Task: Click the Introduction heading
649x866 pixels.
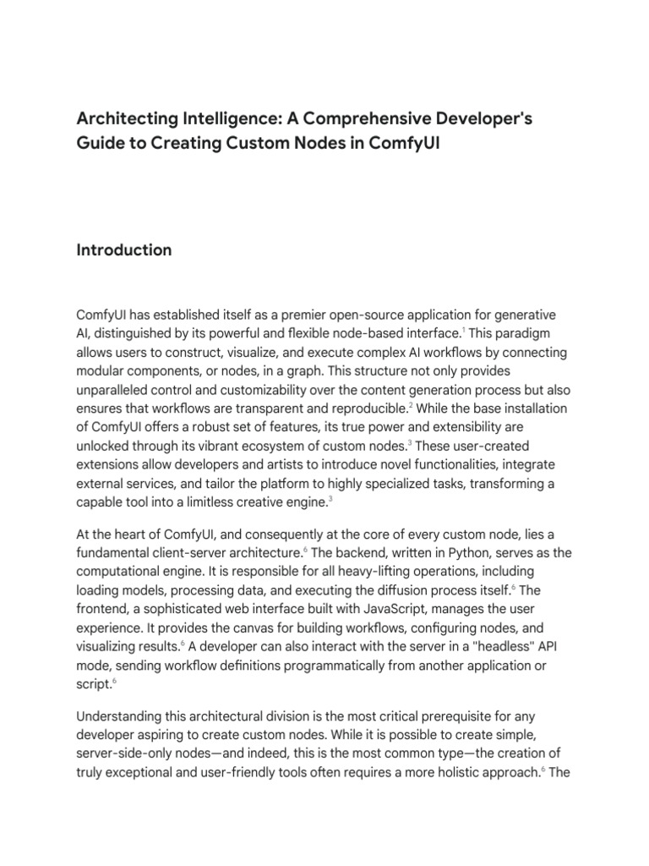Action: [x=124, y=249]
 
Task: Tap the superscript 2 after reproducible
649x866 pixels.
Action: [x=411, y=404]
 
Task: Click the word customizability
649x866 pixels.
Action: [x=258, y=390]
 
